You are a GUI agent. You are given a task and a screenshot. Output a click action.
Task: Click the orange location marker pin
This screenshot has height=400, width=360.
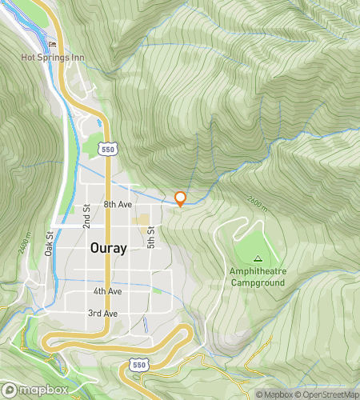(x=181, y=199)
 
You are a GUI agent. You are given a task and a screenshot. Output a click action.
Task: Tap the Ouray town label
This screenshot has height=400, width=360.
(x=107, y=248)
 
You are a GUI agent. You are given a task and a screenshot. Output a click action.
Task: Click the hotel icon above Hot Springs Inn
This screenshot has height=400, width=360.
(x=53, y=44)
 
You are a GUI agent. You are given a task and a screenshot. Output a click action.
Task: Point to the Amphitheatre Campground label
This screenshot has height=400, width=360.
(x=258, y=277)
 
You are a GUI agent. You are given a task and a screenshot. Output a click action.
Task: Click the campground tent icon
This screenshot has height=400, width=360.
(x=258, y=258)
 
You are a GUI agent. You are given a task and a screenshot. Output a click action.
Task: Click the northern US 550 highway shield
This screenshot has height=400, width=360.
(x=108, y=149)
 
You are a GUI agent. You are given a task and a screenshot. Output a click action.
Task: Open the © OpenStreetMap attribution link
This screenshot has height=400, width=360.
(x=328, y=394)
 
